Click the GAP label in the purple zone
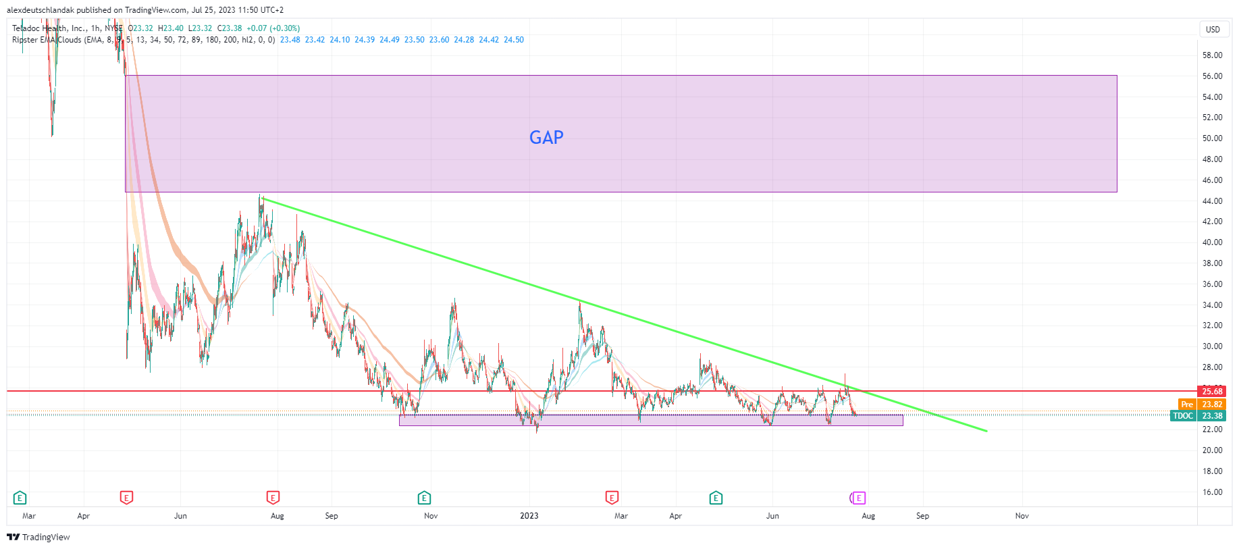click(546, 138)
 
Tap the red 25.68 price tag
click(1212, 392)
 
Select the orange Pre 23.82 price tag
click(1202, 404)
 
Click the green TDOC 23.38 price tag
click(1198, 416)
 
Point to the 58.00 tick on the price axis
click(1212, 55)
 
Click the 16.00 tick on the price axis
click(1212, 492)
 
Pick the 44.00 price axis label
click(1212, 201)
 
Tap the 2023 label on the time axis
click(529, 516)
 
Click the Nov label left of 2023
click(431, 516)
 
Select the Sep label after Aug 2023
click(922, 516)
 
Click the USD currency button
click(1213, 29)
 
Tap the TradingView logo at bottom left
click(38, 538)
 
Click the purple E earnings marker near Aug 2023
click(859, 498)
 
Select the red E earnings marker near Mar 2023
click(612, 498)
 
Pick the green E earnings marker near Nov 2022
click(424, 498)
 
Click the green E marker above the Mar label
click(20, 498)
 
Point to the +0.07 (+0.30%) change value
click(273, 28)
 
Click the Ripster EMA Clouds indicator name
click(47, 40)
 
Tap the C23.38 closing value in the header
click(230, 28)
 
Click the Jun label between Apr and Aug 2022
click(180, 516)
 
